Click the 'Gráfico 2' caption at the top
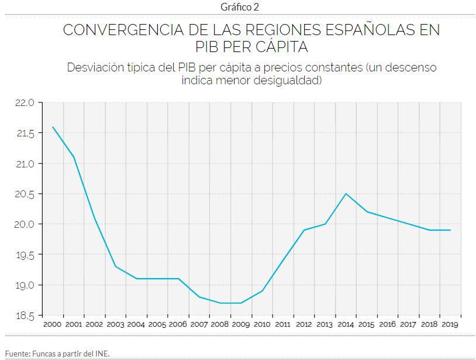[239, 7]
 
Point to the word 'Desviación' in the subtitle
[94, 67]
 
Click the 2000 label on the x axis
[53, 324]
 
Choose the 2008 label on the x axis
[220, 324]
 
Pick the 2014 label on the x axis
[346, 324]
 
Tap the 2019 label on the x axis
[450, 324]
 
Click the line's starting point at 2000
[53, 127]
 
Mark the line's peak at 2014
[346, 194]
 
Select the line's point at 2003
[115, 266]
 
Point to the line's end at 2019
[450, 230]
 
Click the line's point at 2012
[304, 230]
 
